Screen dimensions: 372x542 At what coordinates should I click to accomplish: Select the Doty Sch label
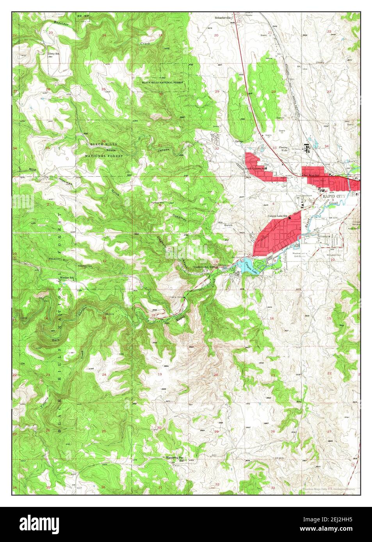54,53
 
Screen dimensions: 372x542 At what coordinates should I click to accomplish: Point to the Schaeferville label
223,18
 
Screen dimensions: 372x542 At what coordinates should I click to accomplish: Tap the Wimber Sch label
67,277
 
